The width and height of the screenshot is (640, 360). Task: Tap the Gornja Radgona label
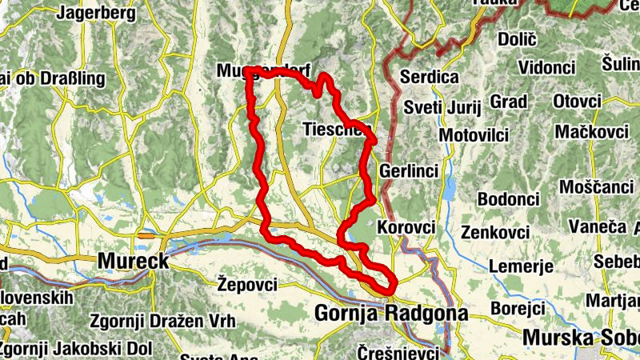pyautogui.click(x=391, y=314)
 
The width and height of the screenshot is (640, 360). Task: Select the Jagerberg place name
pyautogui.click(x=96, y=14)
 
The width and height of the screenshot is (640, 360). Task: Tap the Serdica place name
pyautogui.click(x=429, y=78)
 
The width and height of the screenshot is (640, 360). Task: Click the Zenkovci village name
pyautogui.click(x=495, y=232)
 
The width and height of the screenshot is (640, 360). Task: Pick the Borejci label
pyautogui.click(x=517, y=307)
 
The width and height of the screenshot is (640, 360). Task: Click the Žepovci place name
pyautogui.click(x=247, y=284)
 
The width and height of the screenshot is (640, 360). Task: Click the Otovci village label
pyautogui.click(x=577, y=102)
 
